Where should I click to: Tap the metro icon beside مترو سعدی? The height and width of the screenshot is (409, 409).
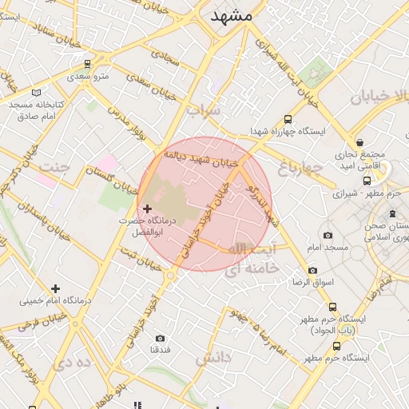tap(87, 63)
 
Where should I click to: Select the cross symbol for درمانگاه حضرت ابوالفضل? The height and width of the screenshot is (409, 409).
tap(147, 208)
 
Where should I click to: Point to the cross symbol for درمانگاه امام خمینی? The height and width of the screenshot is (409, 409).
tap(55, 288)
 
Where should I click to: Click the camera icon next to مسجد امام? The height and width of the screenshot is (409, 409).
tap(328, 235)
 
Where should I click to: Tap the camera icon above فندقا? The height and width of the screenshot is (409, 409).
tap(161, 339)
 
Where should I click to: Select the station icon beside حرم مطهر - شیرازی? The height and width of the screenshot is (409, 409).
tap(369, 181)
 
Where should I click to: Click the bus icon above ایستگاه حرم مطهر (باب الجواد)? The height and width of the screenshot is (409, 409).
tap(333, 307)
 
